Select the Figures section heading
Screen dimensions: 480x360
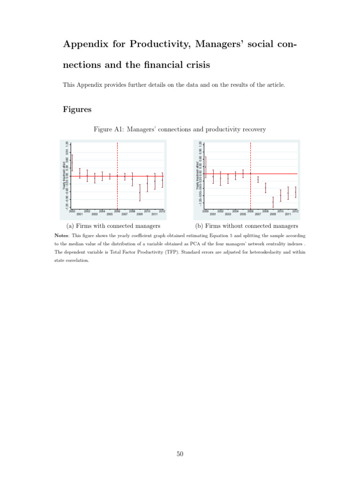pos(77,110)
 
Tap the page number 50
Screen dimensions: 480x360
pos(180,453)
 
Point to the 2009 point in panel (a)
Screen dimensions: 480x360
pos(140,192)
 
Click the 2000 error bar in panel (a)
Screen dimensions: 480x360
pos(72,162)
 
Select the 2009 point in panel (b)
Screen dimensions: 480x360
pos(273,202)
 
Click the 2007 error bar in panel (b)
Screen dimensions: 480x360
pos(258,179)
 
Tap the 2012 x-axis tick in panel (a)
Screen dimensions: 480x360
pos(162,211)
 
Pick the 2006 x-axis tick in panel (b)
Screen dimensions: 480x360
pos(251,211)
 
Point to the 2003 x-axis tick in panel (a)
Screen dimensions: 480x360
pos(95,214)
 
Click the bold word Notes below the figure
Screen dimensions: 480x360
pos(65,235)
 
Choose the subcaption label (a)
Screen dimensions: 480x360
pos(72,226)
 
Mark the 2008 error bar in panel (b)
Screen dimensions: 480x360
pos(265,187)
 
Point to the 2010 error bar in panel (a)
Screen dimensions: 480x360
pos(147,184)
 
